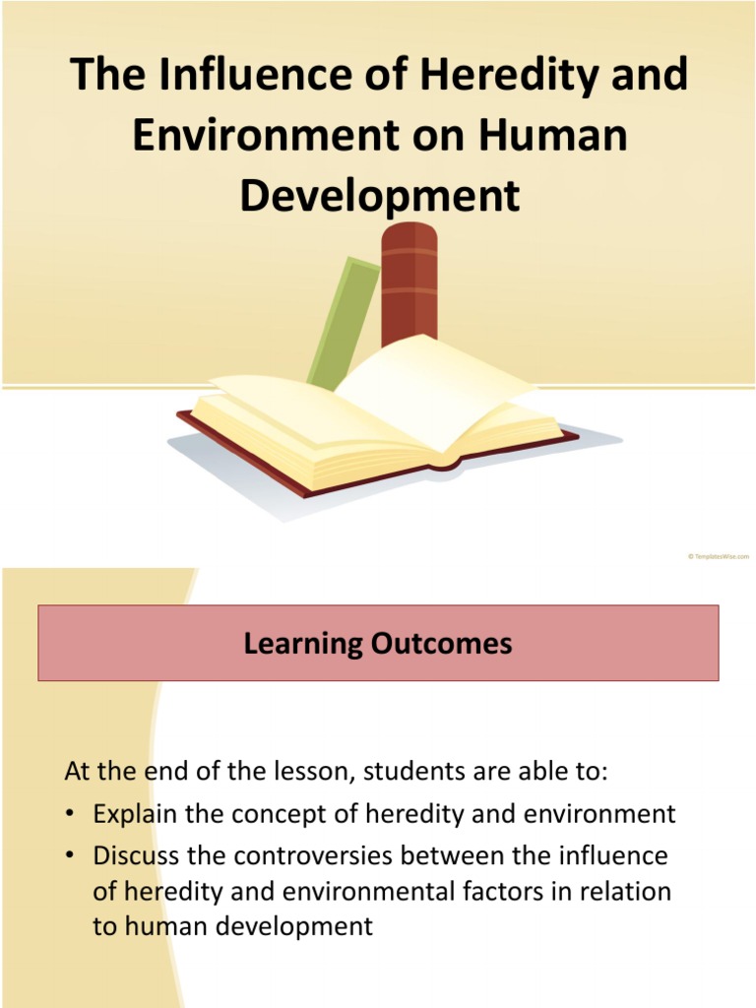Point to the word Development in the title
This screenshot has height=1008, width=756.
tap(379, 195)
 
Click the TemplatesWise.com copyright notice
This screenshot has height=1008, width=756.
tap(718, 557)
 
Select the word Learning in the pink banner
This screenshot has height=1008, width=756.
tap(303, 644)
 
